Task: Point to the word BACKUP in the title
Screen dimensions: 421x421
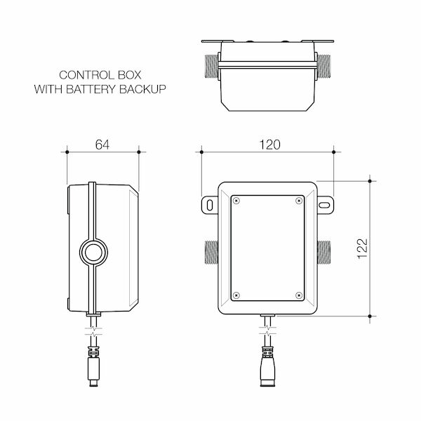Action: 144,90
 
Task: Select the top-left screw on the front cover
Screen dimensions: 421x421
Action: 236,201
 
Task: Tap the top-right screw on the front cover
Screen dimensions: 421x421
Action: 299,201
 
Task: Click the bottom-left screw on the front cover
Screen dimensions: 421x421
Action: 236,294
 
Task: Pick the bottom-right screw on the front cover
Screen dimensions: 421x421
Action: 299,294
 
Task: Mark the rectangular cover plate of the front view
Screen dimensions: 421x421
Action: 268,247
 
